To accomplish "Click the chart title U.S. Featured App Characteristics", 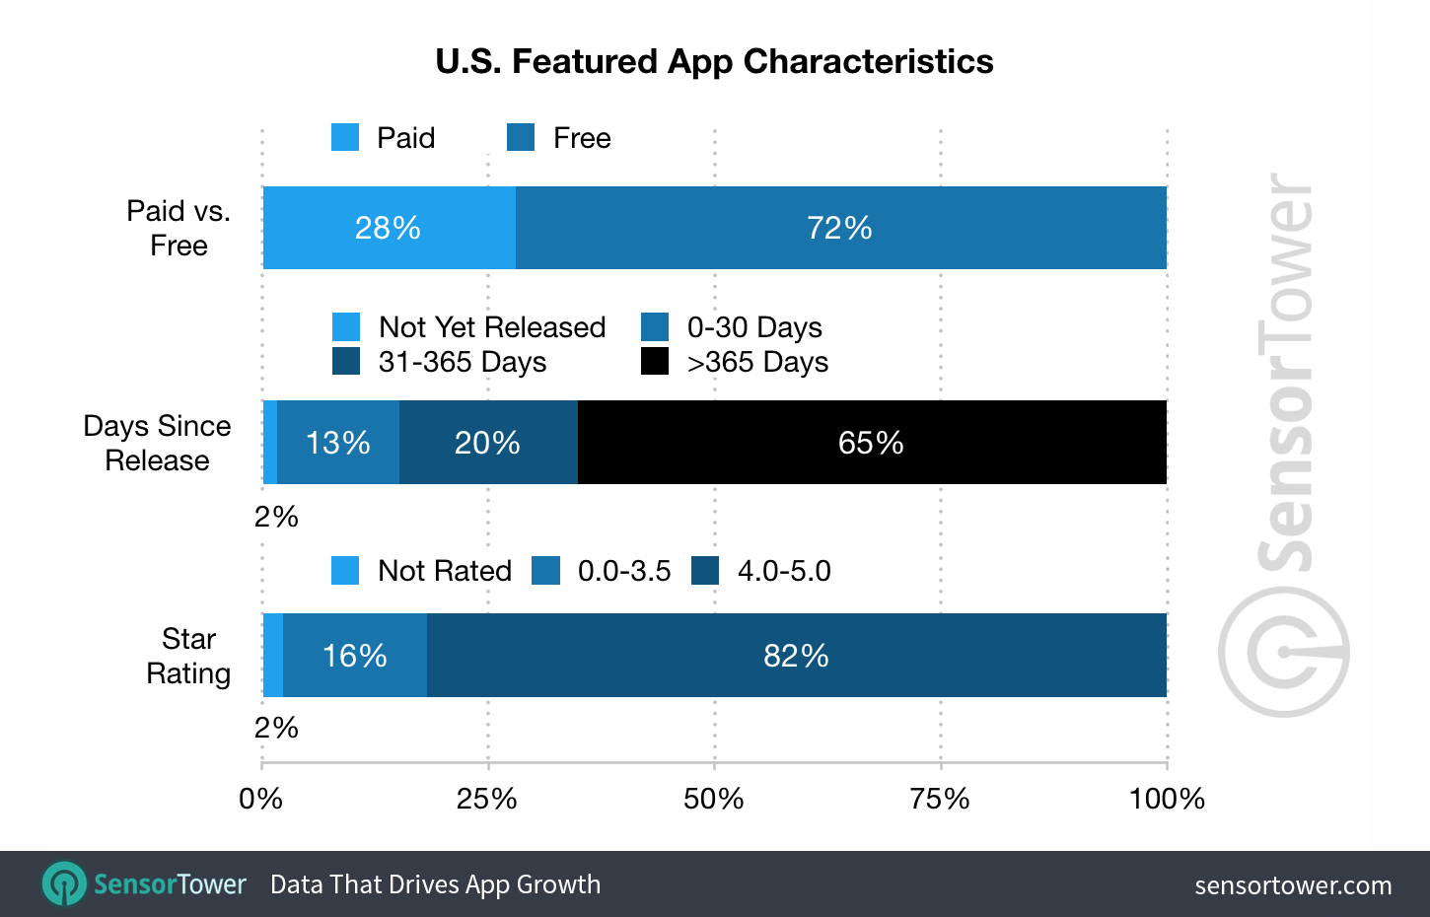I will click(714, 61).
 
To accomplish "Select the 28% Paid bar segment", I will click(389, 228).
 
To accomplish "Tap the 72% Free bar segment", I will click(840, 228).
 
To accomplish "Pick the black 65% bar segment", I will click(872, 442).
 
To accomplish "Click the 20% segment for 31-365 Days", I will click(487, 442).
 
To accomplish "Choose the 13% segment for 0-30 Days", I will click(337, 442).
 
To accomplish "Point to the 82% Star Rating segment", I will click(796, 655).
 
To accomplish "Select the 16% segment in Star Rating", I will click(354, 655).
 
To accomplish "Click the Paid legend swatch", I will click(345, 137).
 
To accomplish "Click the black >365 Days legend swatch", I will click(655, 361).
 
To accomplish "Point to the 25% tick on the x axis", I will click(487, 798).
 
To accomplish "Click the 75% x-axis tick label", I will click(940, 798).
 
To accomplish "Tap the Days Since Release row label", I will click(157, 443).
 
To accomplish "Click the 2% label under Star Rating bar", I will click(276, 728).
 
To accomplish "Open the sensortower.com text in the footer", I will click(1293, 885).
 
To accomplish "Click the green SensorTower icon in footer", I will click(65, 883).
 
